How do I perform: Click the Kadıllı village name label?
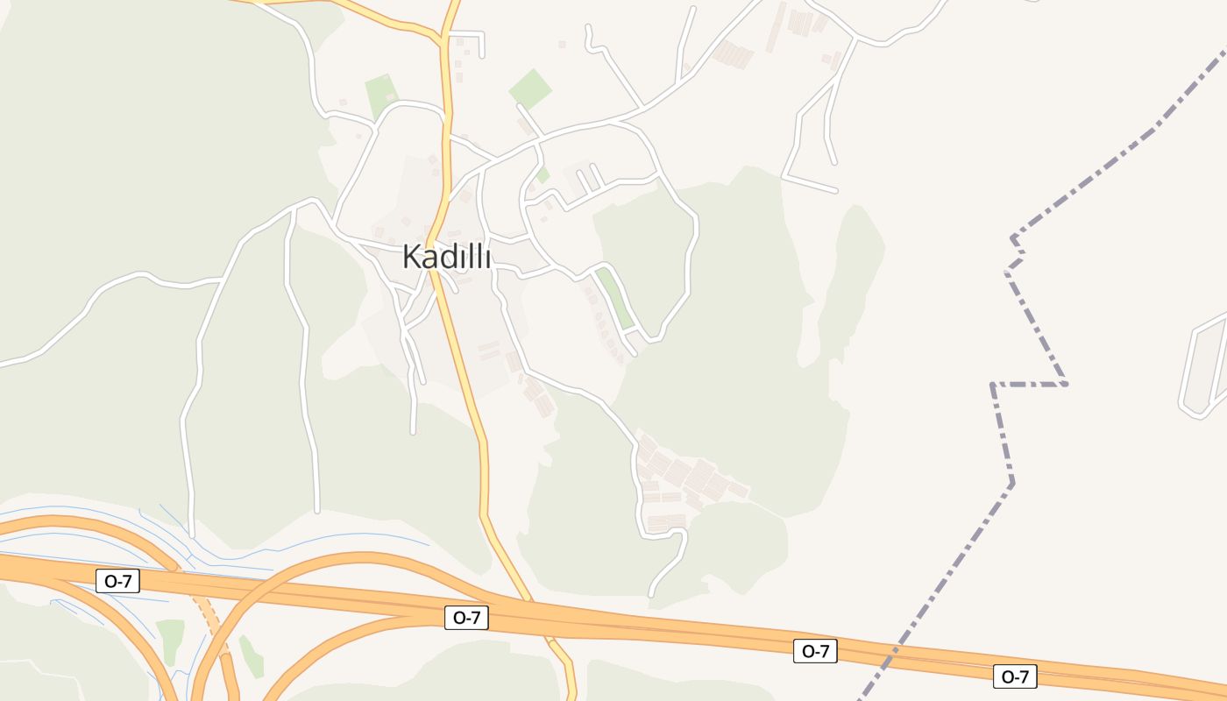[x=446, y=257]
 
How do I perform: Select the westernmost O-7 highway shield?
[x=117, y=580]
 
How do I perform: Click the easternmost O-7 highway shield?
[x=1015, y=676]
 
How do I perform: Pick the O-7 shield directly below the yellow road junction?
[x=465, y=617]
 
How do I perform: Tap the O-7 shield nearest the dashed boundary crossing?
[x=815, y=651]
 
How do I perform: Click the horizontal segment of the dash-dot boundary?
[x=1029, y=384]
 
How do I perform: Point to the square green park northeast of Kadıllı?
[x=530, y=89]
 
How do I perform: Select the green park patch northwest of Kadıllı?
[x=381, y=93]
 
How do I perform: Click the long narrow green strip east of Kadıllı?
[x=615, y=299]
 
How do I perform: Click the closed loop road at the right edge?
[x=1204, y=368]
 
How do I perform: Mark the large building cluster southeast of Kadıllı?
[x=688, y=478]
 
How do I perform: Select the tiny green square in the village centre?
[x=543, y=174]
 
